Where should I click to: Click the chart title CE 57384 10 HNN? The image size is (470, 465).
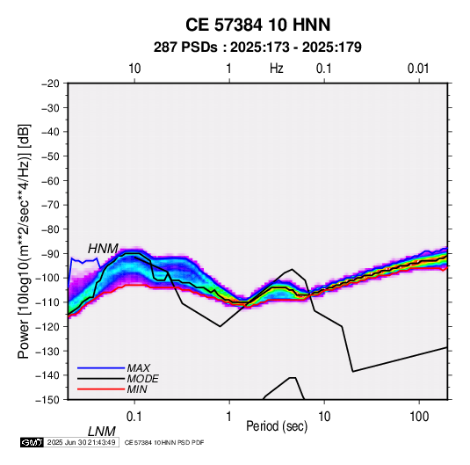coord(257,25)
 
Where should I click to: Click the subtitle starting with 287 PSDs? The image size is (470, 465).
coord(257,47)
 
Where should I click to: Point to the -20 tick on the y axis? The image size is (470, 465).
coord(50,84)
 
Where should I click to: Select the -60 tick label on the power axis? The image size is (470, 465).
coord(50,180)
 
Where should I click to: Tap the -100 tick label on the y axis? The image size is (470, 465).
coord(48,278)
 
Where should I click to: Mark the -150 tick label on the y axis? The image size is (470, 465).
coord(48,400)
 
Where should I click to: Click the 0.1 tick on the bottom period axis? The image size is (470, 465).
coord(134,417)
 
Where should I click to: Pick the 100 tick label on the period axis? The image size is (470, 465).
coord(419,417)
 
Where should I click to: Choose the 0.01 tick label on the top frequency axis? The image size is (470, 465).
coord(418,69)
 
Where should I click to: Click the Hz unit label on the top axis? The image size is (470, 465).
coord(277,69)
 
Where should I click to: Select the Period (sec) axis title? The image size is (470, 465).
coord(277,426)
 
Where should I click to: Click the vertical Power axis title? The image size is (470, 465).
coord(24,241)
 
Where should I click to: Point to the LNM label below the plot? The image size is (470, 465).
coord(101,432)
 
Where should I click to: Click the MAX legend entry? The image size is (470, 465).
coord(139,367)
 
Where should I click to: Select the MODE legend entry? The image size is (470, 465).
coord(142,379)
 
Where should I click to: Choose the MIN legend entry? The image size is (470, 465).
coord(137,389)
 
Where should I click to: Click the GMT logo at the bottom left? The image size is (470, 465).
coord(33,442)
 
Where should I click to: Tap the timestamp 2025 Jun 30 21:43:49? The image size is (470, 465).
coord(81,442)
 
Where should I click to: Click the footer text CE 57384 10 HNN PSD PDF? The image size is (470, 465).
coord(164,442)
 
